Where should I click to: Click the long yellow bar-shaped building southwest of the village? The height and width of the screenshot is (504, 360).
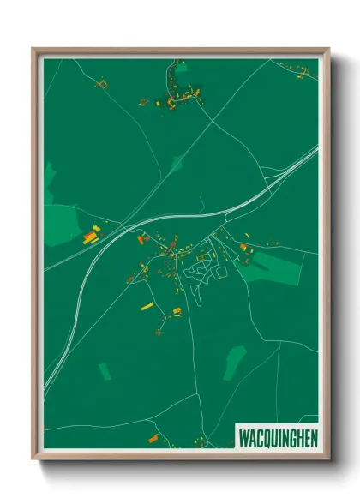[x=147, y=305]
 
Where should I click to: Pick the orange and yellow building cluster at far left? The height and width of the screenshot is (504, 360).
[x=91, y=236]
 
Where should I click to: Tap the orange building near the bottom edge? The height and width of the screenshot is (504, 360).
[x=153, y=438]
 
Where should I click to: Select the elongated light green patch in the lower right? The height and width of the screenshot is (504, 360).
[x=234, y=363]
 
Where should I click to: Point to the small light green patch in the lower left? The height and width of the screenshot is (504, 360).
[x=105, y=371]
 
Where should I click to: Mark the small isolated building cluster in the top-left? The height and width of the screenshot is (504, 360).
[x=102, y=84]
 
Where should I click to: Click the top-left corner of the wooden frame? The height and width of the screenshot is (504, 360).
[x=35, y=50]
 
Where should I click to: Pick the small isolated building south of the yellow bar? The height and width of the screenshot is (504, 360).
[x=159, y=331]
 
